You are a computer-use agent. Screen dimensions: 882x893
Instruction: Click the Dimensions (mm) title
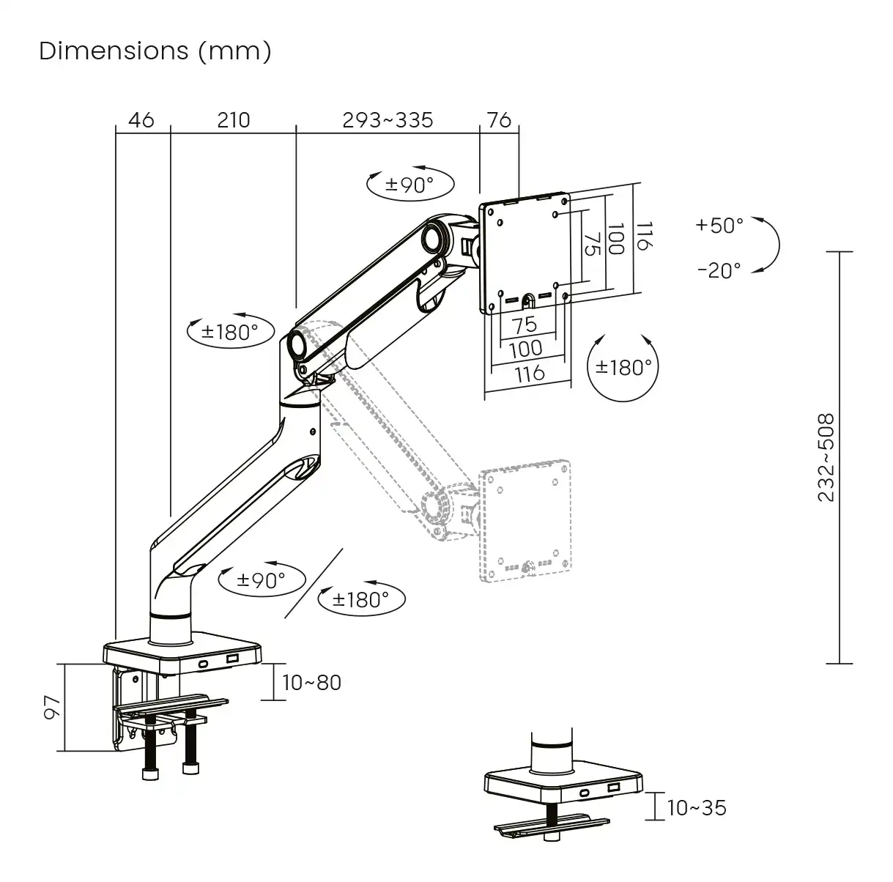[155, 51]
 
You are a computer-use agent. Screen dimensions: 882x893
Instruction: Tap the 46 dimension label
[141, 119]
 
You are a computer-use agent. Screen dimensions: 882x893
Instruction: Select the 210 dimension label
[233, 119]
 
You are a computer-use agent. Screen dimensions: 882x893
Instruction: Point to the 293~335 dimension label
[388, 119]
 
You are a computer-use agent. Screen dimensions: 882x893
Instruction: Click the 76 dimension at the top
[499, 119]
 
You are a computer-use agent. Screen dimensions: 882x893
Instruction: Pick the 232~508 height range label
[826, 458]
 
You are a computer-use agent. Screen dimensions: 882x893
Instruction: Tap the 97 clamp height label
[51, 707]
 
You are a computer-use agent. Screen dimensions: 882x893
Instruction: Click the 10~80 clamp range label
[311, 683]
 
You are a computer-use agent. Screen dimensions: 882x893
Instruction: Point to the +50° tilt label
[719, 225]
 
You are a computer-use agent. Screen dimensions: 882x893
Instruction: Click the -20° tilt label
[719, 270]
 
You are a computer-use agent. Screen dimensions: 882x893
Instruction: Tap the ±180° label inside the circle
[623, 367]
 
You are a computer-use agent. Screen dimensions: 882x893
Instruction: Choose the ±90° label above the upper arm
[410, 185]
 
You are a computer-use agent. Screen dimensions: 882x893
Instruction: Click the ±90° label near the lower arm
[261, 580]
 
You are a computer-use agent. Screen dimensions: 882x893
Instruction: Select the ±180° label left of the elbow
[230, 332]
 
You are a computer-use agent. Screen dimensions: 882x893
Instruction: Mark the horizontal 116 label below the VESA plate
[529, 373]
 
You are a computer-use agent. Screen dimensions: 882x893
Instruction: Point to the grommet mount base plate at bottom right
[563, 787]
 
